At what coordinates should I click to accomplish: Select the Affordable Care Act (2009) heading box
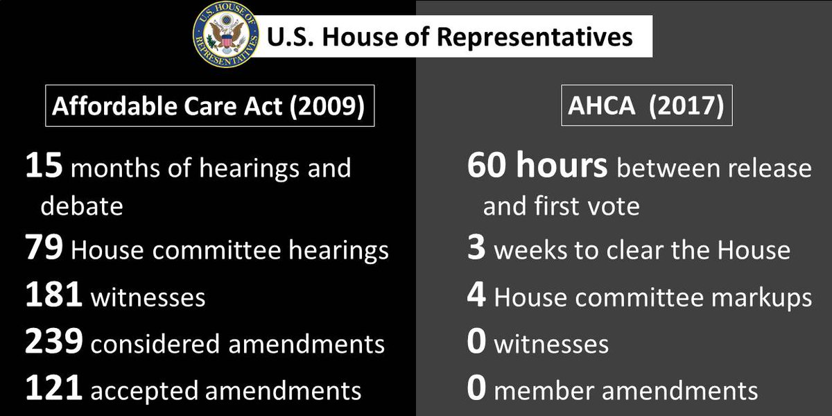pos(210,106)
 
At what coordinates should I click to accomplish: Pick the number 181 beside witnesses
pos(53,297)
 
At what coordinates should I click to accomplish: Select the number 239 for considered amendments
pos(53,343)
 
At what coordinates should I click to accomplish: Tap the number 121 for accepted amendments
pos(53,390)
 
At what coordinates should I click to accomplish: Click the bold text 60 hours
pos(537,168)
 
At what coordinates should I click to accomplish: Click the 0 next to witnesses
pos(476,343)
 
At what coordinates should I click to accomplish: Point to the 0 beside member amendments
pos(476,390)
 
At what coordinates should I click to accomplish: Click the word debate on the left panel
pos(81,207)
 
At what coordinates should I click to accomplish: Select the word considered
pos(149,343)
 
